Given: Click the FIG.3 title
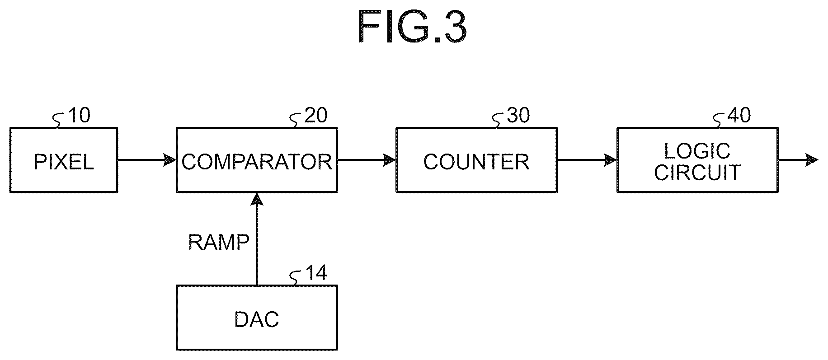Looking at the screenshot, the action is pos(412,27).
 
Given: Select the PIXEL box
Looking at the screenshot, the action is pos(64,160).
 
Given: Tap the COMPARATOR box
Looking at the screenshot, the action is pos(257,160).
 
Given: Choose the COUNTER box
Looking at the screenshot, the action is pos(476,160).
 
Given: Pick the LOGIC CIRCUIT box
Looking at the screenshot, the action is pos(697,160).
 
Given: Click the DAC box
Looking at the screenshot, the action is pos(257,318).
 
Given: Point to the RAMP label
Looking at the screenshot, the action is pos(219,243).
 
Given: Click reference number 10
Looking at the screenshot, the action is pos(79,116).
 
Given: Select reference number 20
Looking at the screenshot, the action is pos(316,116).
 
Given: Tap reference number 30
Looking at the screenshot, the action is pos(518,116).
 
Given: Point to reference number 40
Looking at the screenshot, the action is pos(739,116).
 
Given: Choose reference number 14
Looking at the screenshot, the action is pos(316,273).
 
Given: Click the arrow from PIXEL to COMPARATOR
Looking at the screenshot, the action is pos(147,159).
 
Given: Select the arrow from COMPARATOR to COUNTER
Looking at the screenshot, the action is pos(367,159).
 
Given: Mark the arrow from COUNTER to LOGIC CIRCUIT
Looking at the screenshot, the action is pos(587,159).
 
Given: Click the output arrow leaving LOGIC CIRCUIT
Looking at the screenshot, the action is pos(798,159).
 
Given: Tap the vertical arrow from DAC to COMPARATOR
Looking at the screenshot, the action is pos(257,239).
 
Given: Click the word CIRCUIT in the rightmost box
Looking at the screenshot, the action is pos(697,172).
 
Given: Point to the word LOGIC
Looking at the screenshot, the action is pos(697,150).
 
